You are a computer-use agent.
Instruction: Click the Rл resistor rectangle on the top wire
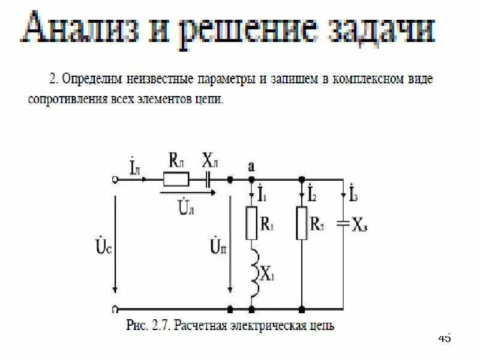[x=176, y=179]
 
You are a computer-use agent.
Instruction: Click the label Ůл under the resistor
[x=185, y=208]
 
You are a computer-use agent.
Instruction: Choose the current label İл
[x=134, y=166]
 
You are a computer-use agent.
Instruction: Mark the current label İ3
[x=354, y=193]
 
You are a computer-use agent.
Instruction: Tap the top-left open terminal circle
[x=115, y=179]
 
